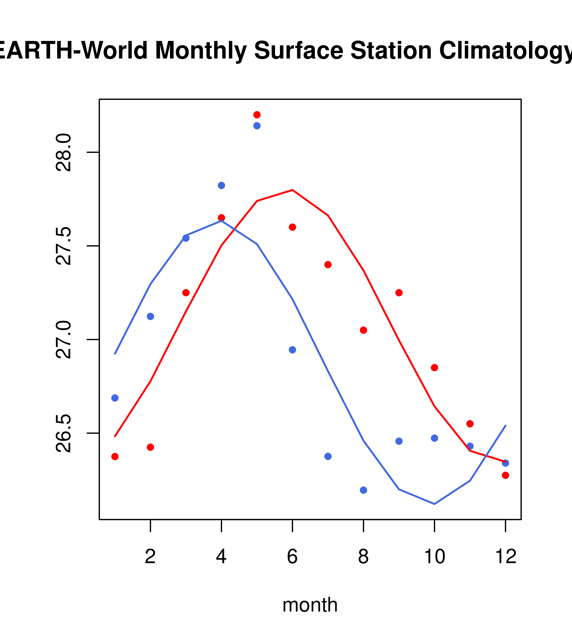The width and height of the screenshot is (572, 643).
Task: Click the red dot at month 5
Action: (x=257, y=115)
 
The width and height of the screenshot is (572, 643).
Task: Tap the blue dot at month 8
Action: (x=363, y=490)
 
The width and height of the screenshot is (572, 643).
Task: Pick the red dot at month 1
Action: (x=115, y=456)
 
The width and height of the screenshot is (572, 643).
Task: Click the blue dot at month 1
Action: (x=115, y=398)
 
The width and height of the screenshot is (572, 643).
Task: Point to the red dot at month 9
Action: (x=399, y=293)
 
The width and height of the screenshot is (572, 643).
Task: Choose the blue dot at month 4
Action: (x=221, y=185)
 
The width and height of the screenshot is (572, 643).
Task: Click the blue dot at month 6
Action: (x=292, y=350)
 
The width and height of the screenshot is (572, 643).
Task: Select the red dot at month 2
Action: (x=151, y=447)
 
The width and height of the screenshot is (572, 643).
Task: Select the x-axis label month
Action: (x=310, y=605)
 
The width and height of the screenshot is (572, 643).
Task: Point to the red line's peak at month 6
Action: (x=292, y=190)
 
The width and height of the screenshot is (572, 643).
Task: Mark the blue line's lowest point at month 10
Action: (x=434, y=504)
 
